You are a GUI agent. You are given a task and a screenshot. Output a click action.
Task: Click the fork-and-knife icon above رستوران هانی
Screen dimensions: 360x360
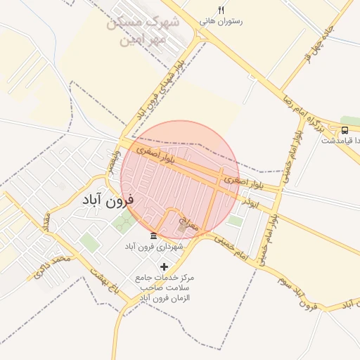click(221, 10)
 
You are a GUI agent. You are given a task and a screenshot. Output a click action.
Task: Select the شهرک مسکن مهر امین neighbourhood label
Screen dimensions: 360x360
click(144, 31)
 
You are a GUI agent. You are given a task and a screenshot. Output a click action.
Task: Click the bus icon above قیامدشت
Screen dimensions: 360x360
click(345, 130)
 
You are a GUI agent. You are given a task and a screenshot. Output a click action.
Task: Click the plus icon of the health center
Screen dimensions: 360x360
click(165, 266)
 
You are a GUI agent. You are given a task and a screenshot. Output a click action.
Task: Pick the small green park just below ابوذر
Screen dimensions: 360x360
click(235, 220)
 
